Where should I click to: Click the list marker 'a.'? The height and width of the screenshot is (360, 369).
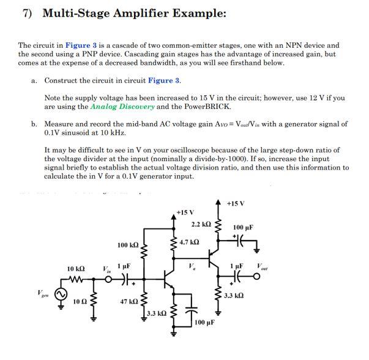(x=34, y=80)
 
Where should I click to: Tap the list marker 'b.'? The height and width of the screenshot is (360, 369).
(x=34, y=124)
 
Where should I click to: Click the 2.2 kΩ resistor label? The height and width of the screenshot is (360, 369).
(x=201, y=225)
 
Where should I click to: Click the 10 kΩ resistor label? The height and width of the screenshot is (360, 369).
(x=76, y=269)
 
